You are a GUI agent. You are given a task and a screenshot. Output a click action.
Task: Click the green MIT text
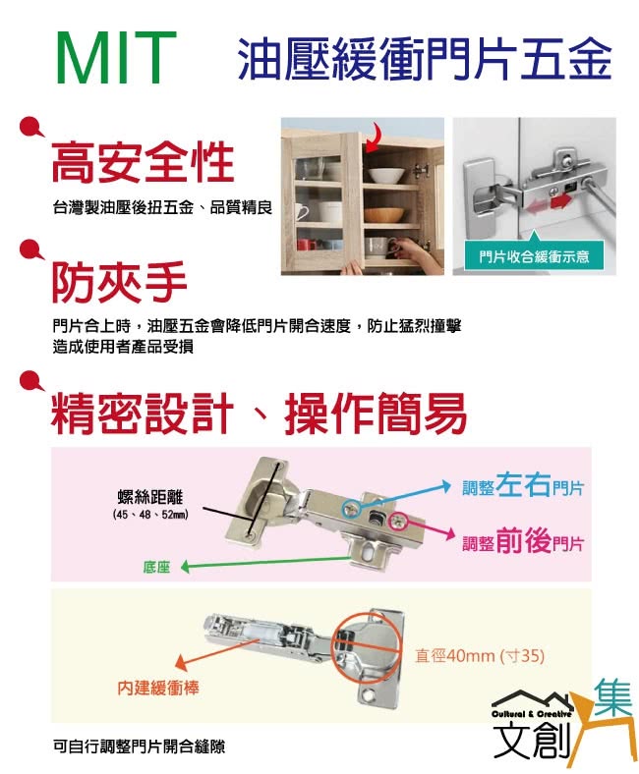[116, 58]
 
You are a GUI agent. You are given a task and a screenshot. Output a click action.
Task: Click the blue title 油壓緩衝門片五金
[424, 61]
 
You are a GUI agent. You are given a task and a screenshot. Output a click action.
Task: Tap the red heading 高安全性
[143, 161]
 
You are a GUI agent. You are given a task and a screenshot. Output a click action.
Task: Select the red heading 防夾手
[119, 282]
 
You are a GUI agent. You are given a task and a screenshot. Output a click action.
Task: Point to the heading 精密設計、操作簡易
[259, 413]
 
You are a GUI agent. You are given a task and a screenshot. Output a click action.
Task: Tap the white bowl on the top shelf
[386, 175]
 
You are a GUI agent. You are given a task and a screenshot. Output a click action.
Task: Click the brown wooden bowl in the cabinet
[384, 214]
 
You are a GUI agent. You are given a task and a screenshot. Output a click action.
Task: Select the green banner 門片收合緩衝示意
[534, 256]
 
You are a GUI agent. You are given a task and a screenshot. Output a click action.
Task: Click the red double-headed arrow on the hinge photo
[549, 203]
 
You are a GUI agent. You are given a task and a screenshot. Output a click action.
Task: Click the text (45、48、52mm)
[150, 515]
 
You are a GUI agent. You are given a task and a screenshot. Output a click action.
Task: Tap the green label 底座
[156, 567]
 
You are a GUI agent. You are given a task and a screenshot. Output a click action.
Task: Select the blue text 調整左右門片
[523, 485]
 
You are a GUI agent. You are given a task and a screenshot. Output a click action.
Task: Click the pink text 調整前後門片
[523, 541]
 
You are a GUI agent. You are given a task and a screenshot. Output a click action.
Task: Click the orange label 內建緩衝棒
[157, 688]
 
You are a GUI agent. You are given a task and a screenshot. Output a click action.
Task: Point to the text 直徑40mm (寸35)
[480, 656]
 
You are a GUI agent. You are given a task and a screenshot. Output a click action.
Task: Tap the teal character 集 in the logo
[613, 696]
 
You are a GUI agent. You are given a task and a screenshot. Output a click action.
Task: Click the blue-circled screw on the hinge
[352, 509]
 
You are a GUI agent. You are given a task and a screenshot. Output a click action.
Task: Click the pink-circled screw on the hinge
[397, 523]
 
